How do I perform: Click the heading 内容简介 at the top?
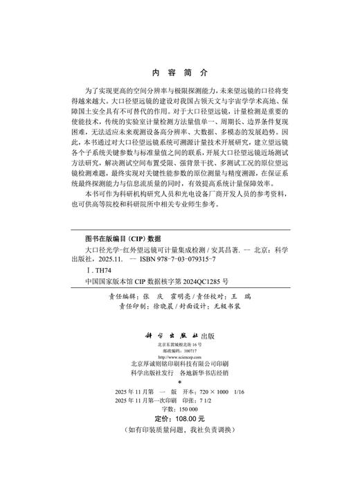point(179,72)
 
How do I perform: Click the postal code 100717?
point(187,351)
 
